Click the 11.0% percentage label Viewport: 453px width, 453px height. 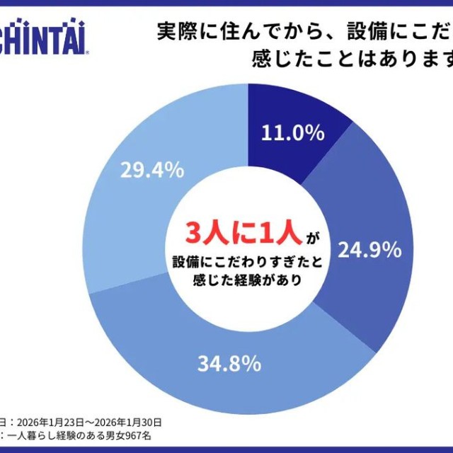point(292,133)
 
